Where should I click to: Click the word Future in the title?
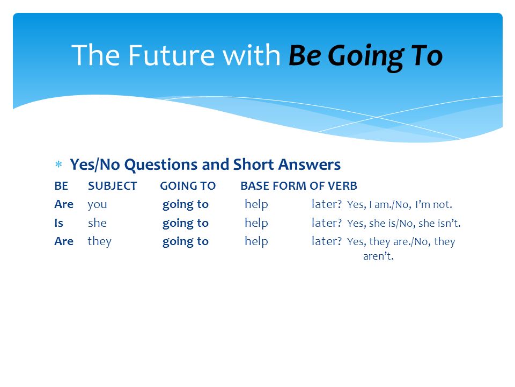[x=172, y=55]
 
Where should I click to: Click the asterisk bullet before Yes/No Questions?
[x=58, y=164]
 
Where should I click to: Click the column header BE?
[x=61, y=186]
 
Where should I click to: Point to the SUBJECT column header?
[x=112, y=186]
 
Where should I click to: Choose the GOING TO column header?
[x=188, y=186]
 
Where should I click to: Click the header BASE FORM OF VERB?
[x=299, y=186]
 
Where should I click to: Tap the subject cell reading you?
[x=97, y=205]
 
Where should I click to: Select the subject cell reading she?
[x=97, y=223]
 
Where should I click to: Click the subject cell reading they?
[x=100, y=241]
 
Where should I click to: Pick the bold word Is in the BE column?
[x=59, y=223]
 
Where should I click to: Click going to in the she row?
[x=186, y=224]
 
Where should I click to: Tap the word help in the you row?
[x=256, y=205]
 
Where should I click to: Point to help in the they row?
[x=256, y=241]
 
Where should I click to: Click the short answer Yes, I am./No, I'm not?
[x=400, y=205]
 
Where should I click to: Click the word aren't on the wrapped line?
[x=378, y=256]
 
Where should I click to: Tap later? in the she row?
[x=327, y=223]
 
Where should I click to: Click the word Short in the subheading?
[x=254, y=164]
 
